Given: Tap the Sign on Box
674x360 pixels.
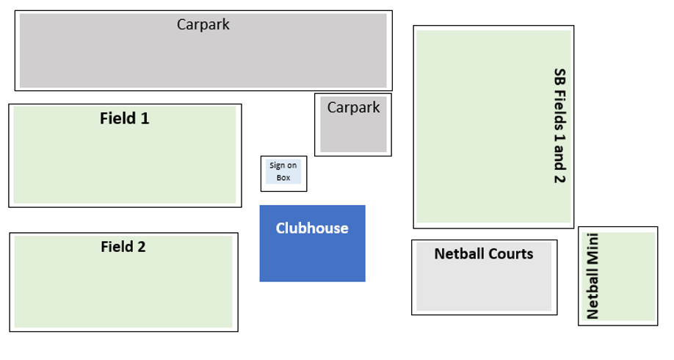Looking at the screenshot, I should pos(283,173).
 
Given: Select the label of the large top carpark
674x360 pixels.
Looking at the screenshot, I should pos(203,24).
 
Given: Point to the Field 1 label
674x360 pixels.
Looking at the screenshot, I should pos(124,118).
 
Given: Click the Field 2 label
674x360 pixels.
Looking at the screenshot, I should pos(123,247).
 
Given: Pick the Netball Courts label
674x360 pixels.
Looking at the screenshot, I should pos(483,254).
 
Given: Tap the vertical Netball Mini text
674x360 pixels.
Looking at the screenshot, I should pos(593,276).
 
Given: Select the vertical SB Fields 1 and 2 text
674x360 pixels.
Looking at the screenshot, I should pos(559,126).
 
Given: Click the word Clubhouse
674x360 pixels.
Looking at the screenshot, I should pos(312,228).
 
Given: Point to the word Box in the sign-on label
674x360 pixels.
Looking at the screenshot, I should pos(283,178).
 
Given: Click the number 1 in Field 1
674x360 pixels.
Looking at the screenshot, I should pos(145,118).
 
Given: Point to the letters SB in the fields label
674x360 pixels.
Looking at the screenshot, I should pos(559,76).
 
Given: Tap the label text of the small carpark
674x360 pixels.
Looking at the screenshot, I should pos(353,108).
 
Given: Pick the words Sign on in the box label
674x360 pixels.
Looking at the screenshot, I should pos(283,166).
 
